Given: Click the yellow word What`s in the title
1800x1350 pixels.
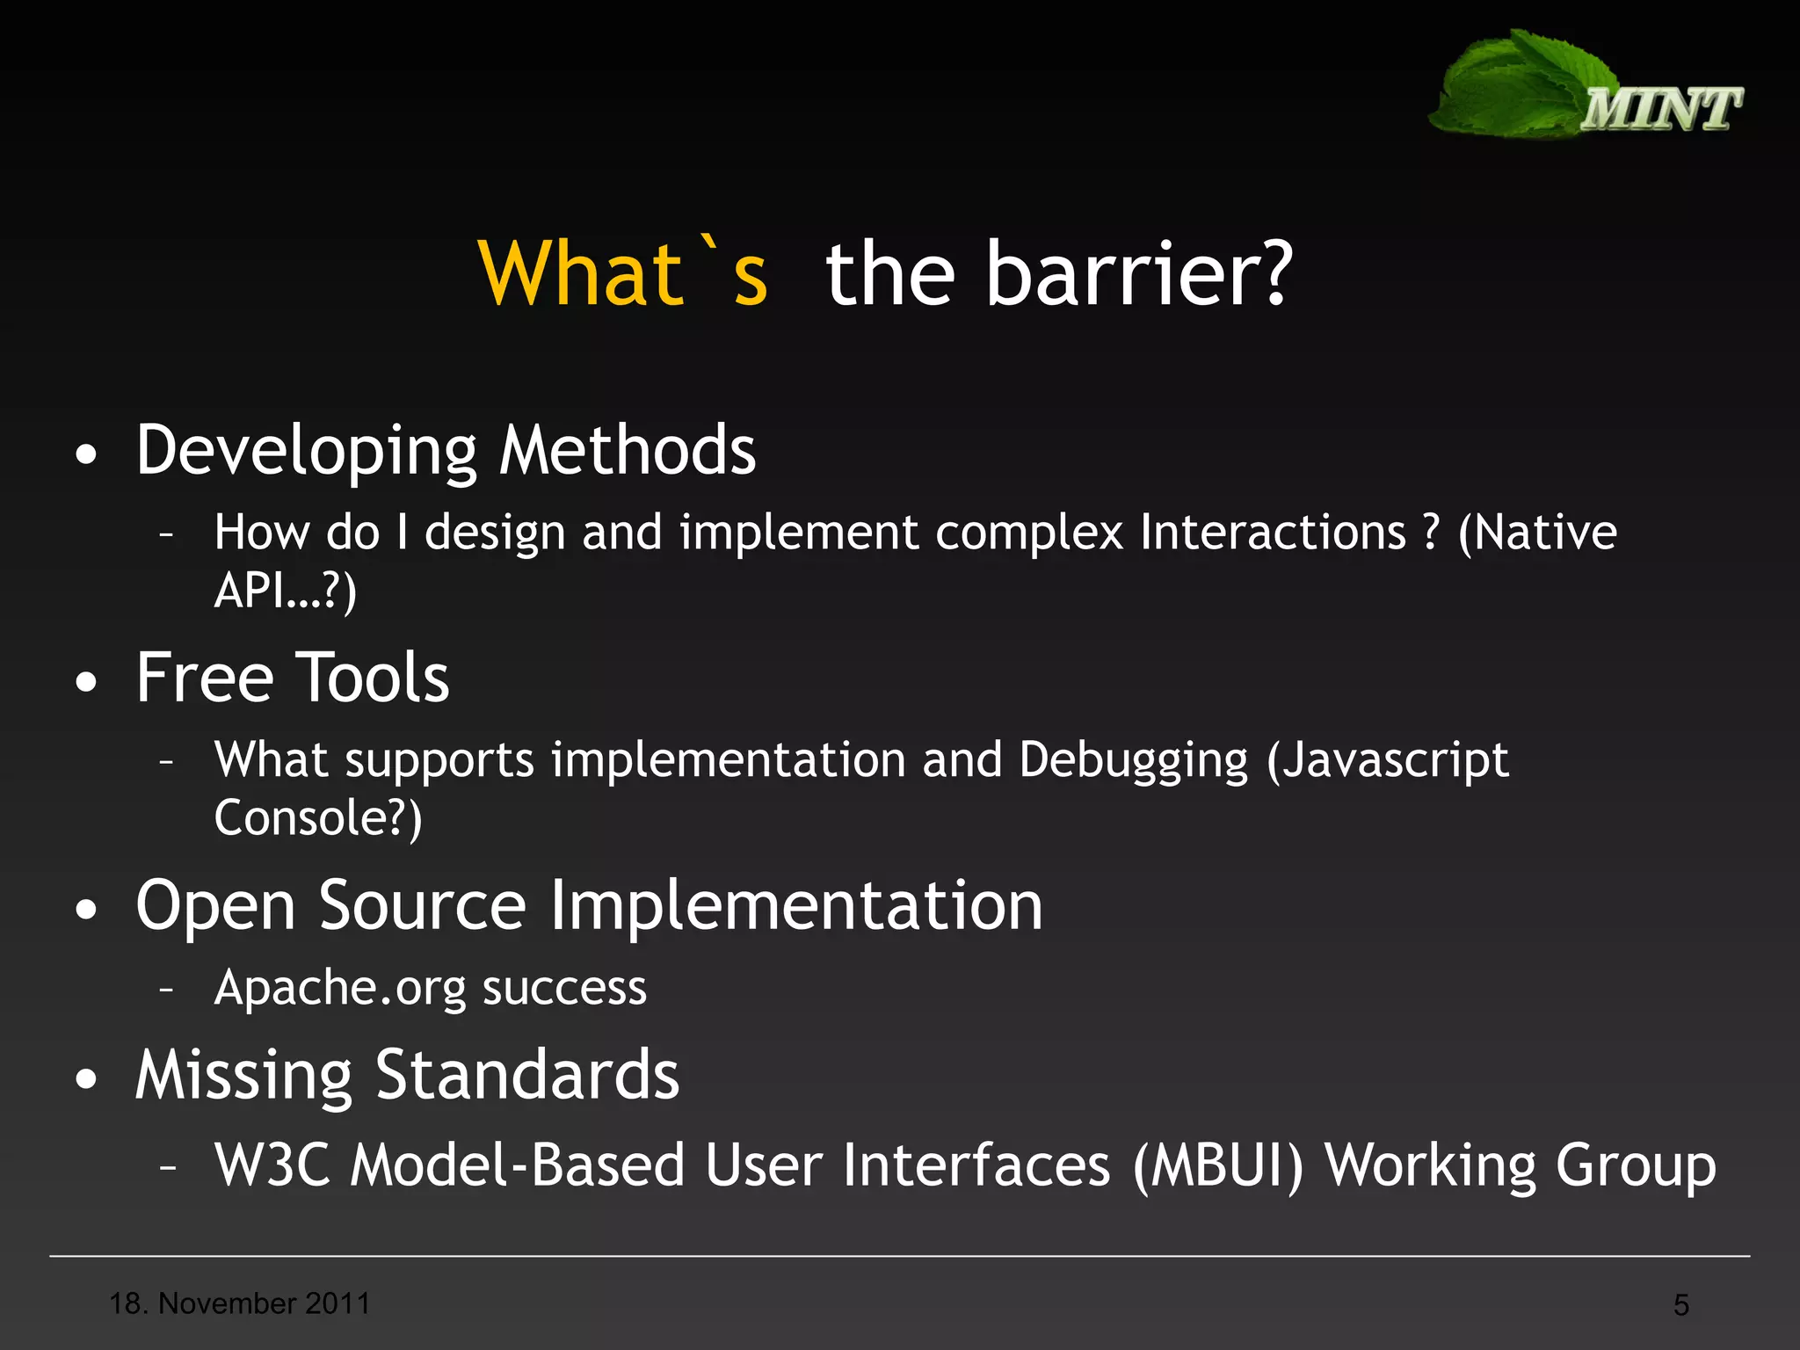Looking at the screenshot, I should point(623,274).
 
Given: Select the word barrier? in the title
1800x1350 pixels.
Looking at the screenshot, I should point(1138,274).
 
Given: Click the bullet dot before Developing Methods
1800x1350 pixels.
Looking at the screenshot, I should point(86,455).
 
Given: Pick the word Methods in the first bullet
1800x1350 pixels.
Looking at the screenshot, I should point(627,450).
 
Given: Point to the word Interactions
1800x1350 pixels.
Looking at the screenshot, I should point(1273,533).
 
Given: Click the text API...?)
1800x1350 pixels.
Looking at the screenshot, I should point(286,590).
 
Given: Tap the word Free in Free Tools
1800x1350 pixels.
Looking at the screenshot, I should point(205,679).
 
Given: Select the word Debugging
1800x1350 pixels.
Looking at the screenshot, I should point(1133,760).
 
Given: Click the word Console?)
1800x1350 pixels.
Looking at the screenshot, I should point(318,818).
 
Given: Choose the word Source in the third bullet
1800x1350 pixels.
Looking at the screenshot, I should point(423,906).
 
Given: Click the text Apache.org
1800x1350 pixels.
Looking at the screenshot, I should point(340,988).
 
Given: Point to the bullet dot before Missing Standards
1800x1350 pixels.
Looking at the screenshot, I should point(86,1080).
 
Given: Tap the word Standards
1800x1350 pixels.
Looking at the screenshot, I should point(527,1076).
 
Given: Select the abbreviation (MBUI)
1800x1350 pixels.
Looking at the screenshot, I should point(1218,1165).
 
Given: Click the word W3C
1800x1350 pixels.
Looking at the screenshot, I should point(272,1165).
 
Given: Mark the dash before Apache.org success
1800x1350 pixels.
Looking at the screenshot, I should point(167,990).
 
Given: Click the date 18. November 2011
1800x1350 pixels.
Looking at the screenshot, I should point(239,1303).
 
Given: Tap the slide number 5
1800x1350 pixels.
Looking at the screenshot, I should point(1680,1305).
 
